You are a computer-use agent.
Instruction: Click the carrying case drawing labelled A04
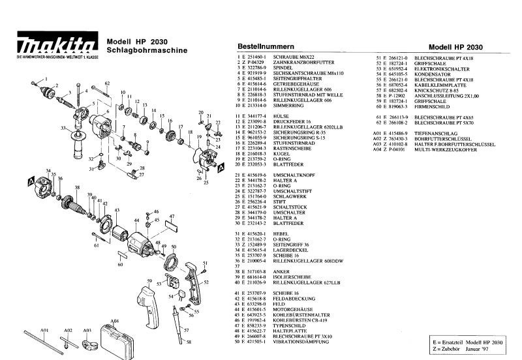pos(115,337)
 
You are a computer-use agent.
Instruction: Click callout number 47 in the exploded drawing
pos(172,215)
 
